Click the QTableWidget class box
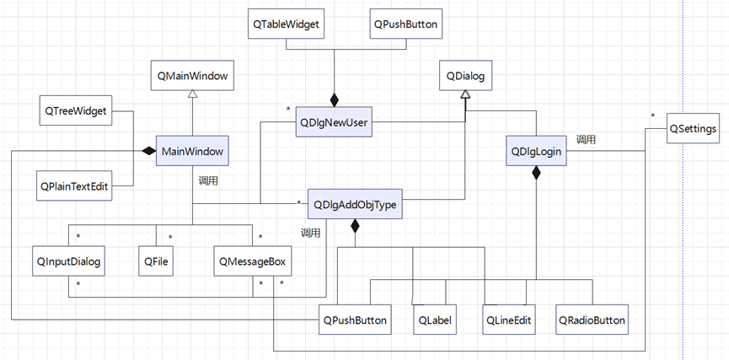tap(287, 24)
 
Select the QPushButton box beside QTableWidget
tap(405, 24)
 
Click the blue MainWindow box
tap(193, 153)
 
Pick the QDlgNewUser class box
tap(335, 123)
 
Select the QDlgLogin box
tap(536, 151)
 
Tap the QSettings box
tap(693, 129)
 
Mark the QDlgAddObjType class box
tap(355, 204)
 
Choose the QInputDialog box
tap(68, 261)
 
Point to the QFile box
tap(156, 261)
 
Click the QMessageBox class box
tap(252, 261)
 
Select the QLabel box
tap(436, 320)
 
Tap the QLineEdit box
tap(510, 320)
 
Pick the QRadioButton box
tap(592, 320)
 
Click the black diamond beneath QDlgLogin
tap(536, 175)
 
